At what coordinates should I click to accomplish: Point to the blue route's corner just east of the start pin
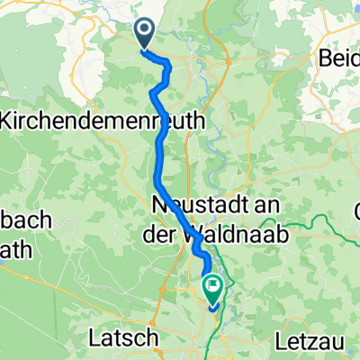click(x=167, y=61)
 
